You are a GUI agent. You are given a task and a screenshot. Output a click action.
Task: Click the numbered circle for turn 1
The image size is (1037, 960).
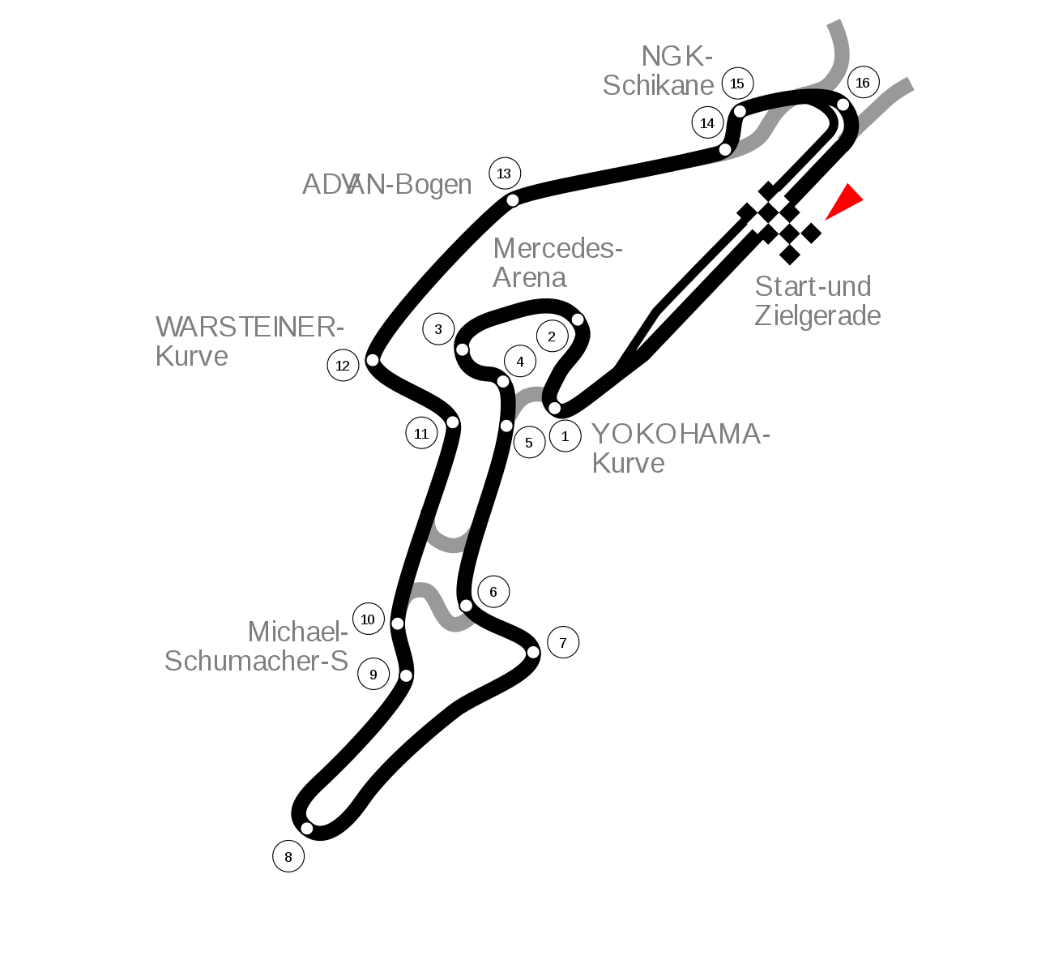click(x=565, y=436)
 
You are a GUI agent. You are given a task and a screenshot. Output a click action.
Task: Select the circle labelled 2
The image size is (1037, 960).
click(x=552, y=336)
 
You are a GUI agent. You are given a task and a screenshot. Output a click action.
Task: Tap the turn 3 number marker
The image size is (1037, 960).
click(x=438, y=329)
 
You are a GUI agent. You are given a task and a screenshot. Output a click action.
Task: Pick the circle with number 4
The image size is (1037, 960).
click(x=520, y=362)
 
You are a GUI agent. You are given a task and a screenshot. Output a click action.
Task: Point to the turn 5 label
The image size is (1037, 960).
click(x=529, y=443)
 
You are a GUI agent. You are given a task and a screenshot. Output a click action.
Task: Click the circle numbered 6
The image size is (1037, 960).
click(x=493, y=592)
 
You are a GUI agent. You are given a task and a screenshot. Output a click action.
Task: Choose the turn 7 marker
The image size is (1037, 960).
click(x=563, y=643)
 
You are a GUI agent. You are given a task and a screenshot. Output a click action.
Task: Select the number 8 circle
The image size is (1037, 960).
click(x=288, y=857)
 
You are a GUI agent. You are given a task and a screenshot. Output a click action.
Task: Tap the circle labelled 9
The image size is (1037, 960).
click(x=373, y=675)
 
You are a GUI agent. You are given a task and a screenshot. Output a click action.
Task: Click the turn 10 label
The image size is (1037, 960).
click(x=368, y=619)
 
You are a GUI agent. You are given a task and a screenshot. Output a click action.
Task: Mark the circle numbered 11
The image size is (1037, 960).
click(x=421, y=434)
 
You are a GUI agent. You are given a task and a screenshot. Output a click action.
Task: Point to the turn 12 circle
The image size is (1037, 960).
click(x=343, y=366)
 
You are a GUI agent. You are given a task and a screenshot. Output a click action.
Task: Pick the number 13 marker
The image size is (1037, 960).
click(x=505, y=174)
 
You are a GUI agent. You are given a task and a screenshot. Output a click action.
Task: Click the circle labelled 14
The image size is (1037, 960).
click(x=707, y=123)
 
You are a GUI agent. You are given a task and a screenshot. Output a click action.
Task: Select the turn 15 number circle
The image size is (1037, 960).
click(x=737, y=84)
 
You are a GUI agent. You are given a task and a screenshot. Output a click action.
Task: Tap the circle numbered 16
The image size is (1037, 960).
click(x=863, y=83)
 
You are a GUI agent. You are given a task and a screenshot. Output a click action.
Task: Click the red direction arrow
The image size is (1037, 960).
click(x=846, y=201)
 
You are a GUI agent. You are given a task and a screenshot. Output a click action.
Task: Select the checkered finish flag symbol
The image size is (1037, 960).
click(x=779, y=223)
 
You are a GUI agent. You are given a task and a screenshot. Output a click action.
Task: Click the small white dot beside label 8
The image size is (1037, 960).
click(x=307, y=829)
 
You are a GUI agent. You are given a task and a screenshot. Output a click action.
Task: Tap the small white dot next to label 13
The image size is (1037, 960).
click(x=513, y=200)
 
